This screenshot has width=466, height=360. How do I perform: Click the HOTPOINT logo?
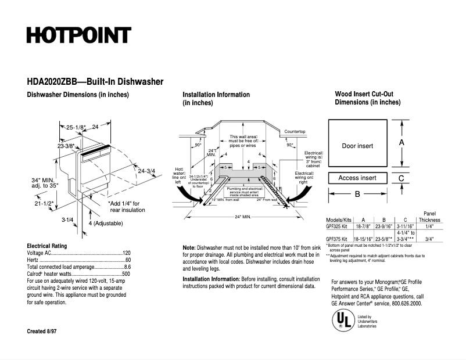pos(78,35)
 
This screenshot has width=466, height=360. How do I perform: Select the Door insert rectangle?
pos(357,146)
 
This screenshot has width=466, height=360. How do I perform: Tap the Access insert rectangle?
pos(357,178)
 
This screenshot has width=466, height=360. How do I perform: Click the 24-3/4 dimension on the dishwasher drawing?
pos(147,170)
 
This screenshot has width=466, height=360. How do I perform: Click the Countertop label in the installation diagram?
pos(295,132)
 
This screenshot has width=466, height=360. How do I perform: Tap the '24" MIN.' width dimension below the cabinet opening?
pos(242,217)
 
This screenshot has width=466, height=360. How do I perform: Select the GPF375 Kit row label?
pos(336,239)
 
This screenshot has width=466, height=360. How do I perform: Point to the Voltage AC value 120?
pos(126,254)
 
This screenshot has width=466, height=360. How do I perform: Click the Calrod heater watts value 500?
pos(126,273)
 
